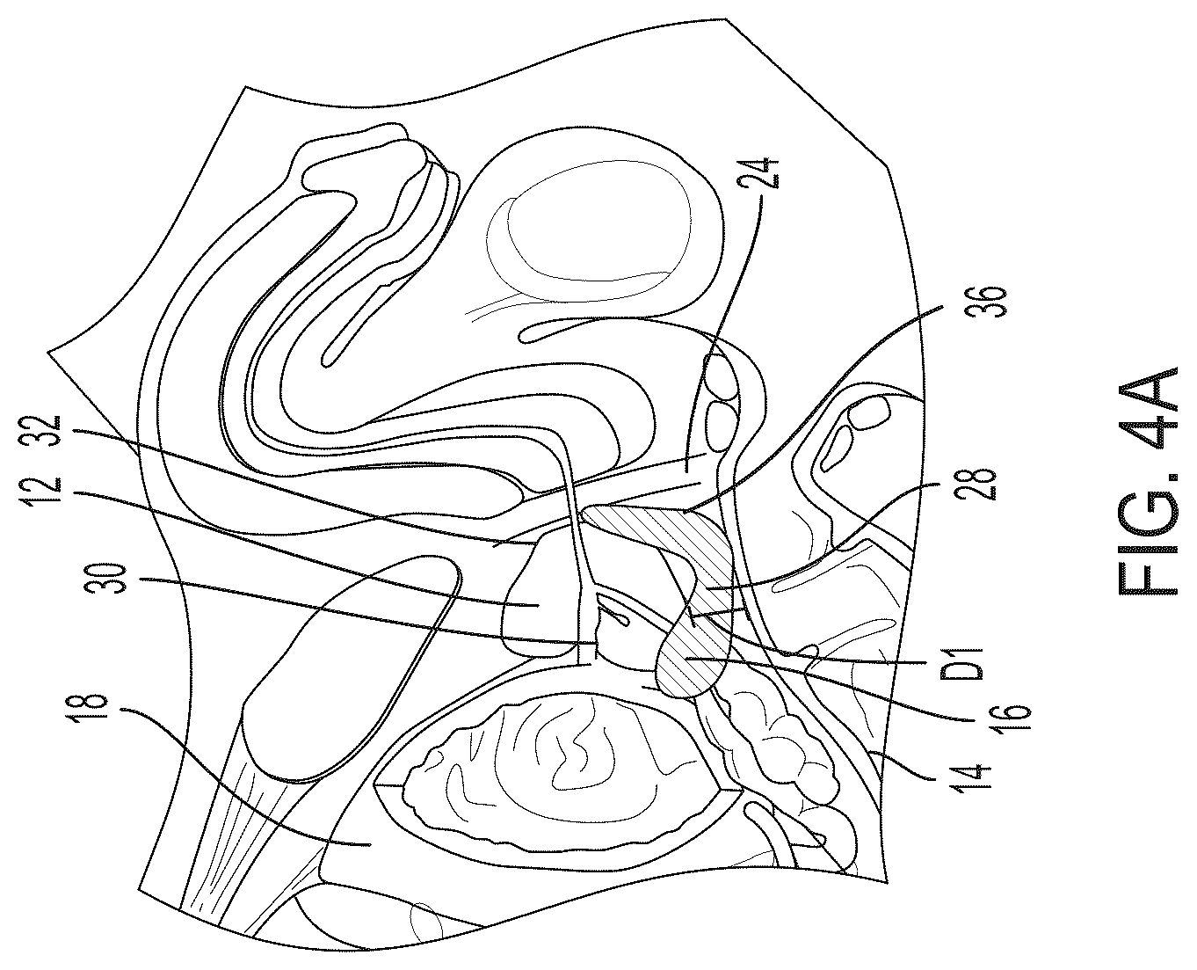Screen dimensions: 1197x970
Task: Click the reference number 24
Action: pos(768,173)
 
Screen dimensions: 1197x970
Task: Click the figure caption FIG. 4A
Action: pos(1146,481)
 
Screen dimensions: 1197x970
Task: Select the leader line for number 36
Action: pos(815,405)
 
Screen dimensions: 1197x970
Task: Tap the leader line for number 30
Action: pos(366,610)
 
